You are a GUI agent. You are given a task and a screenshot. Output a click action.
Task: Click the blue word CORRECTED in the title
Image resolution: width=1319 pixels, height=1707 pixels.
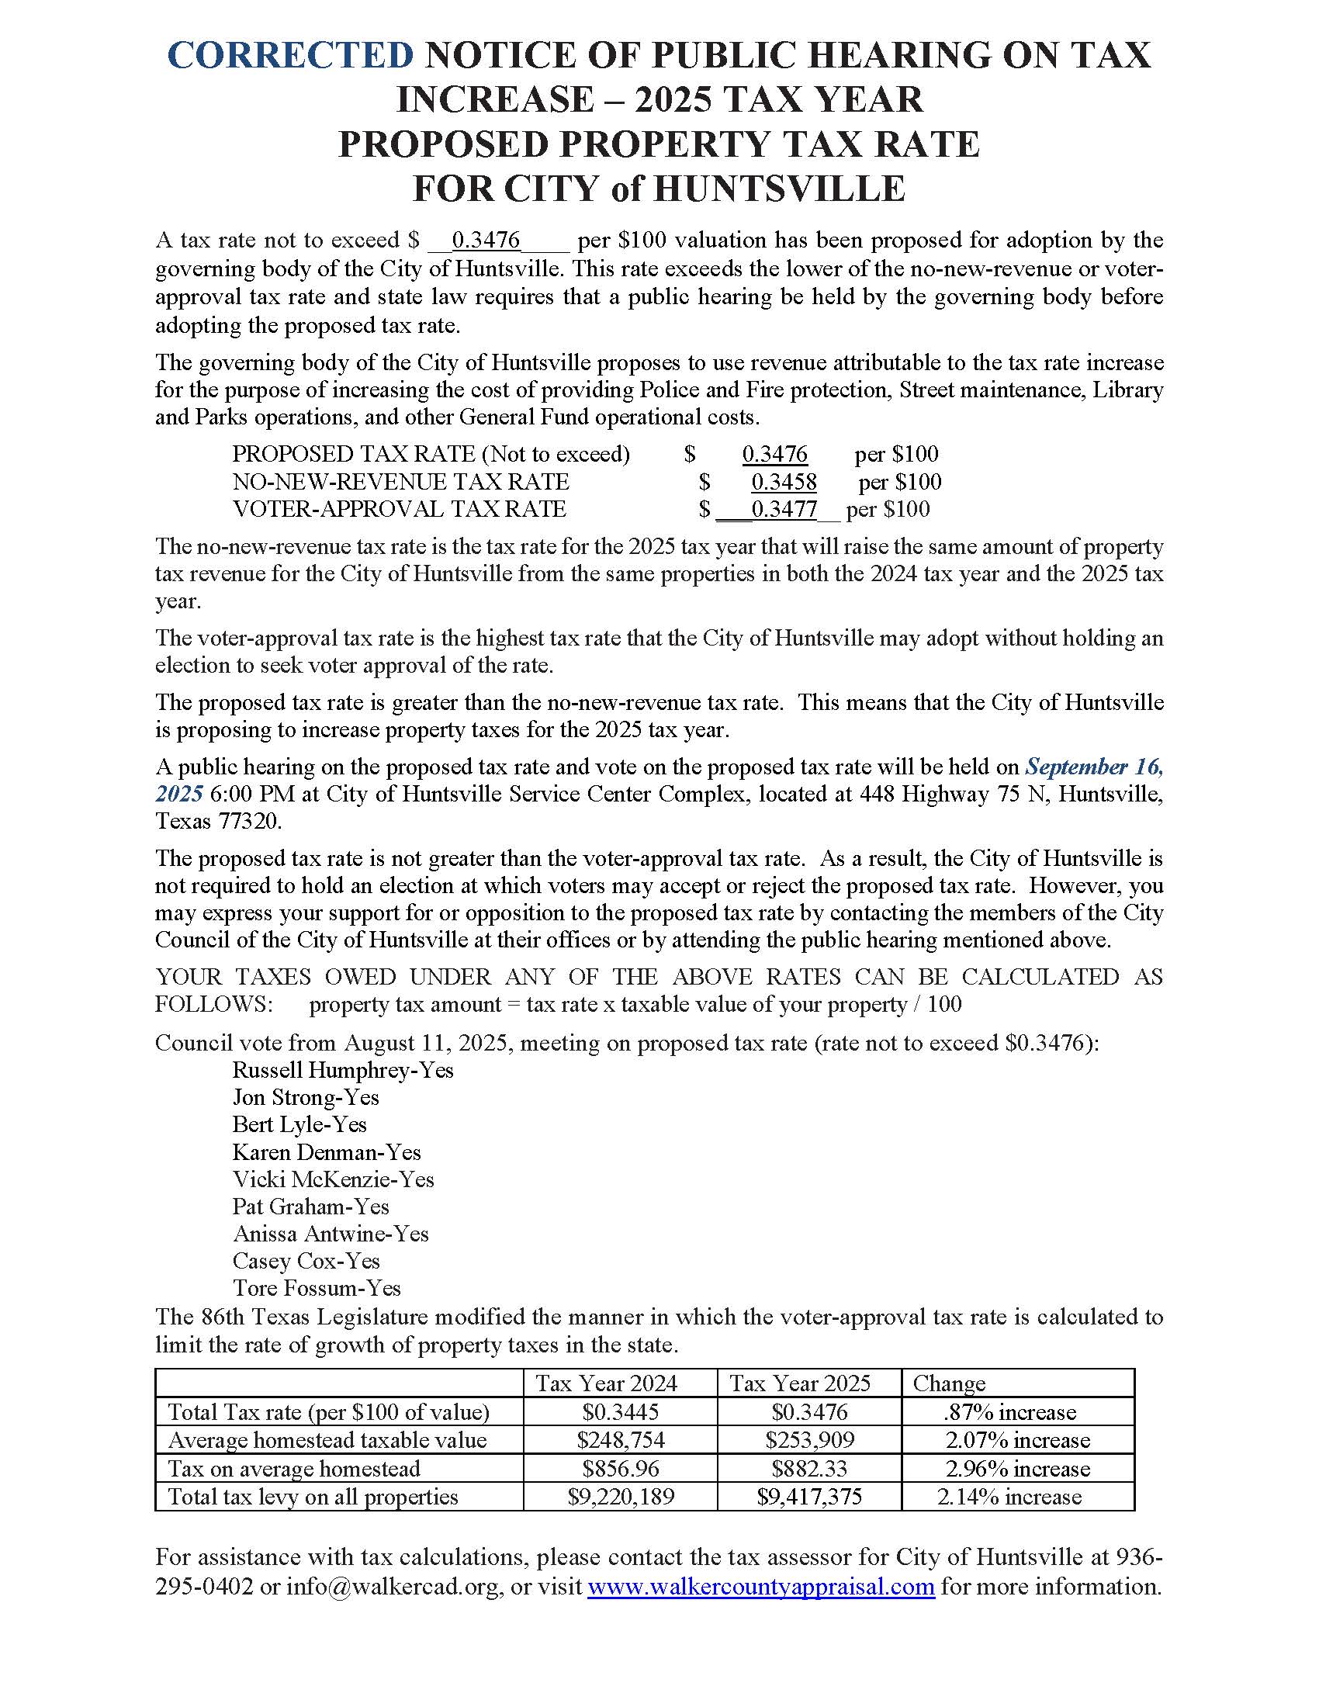(x=290, y=56)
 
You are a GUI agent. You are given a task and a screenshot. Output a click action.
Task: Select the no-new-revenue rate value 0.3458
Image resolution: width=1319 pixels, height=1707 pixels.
(x=784, y=482)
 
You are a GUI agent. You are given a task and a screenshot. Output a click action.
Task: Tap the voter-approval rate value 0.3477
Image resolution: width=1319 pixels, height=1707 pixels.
(x=784, y=510)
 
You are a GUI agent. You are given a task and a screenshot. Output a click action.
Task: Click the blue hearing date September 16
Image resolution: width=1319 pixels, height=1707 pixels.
(x=1093, y=767)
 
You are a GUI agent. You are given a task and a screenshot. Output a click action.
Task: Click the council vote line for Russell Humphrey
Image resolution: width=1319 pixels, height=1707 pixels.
(x=342, y=1070)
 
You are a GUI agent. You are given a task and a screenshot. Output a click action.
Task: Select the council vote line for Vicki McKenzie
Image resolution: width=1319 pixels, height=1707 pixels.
(x=333, y=1179)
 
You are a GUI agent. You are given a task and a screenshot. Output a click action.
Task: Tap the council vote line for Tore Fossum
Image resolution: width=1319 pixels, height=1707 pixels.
(x=317, y=1288)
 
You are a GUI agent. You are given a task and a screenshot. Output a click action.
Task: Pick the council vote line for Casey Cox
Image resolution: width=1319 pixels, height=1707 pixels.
(x=306, y=1261)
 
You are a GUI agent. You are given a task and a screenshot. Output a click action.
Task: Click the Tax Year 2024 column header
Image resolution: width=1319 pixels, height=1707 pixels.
(x=606, y=1383)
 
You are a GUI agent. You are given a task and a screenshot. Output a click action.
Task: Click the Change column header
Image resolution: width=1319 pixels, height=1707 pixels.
(x=949, y=1383)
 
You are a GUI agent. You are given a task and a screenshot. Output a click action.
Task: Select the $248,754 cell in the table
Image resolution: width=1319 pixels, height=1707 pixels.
(x=621, y=1439)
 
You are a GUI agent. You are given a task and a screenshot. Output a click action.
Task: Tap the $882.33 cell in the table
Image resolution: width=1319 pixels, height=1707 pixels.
(x=808, y=1469)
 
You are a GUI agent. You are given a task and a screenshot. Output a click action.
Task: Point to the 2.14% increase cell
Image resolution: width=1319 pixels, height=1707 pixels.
(x=1009, y=1497)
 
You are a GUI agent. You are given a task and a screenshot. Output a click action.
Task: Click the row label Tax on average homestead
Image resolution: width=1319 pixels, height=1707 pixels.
(x=294, y=1469)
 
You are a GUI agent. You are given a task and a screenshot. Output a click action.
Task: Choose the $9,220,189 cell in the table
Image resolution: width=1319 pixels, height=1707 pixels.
(x=621, y=1497)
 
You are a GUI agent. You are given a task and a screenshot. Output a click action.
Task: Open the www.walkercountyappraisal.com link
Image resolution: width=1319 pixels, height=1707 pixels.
(x=760, y=1587)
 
